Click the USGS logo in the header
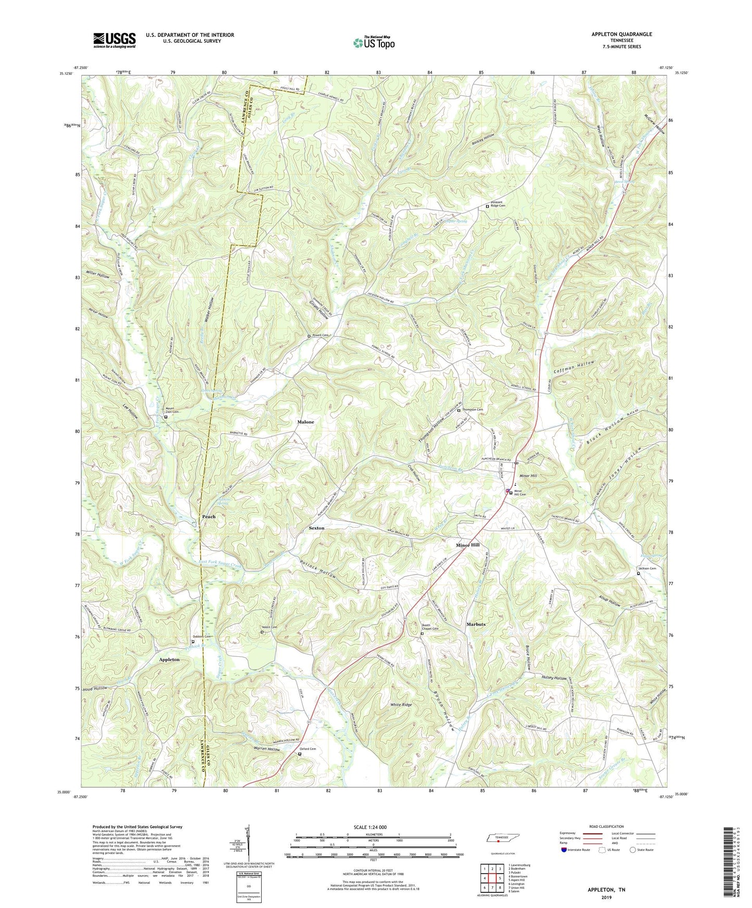[x=114, y=40]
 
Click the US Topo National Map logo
[x=374, y=43]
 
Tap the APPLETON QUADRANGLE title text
[x=621, y=34]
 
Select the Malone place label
[x=305, y=422]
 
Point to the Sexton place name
[x=316, y=528]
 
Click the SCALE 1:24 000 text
[x=370, y=827]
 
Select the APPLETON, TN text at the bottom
[x=606, y=890]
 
